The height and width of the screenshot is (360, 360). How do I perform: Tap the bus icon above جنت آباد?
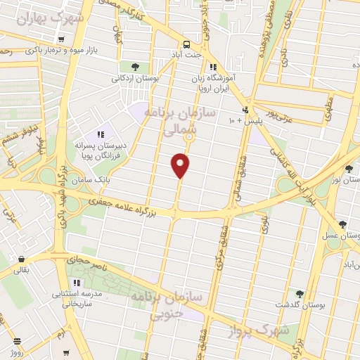coord(187,42)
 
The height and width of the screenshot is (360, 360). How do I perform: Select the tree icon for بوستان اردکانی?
coord(135,67)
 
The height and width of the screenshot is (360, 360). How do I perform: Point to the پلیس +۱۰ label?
coord(240,122)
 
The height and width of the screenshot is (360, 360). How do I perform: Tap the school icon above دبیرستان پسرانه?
coord(101,134)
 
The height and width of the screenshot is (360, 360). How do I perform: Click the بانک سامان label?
coord(105,179)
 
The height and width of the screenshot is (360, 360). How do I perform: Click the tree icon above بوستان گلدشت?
coord(300,293)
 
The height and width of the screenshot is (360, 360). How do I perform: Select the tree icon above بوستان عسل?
coord(342,225)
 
